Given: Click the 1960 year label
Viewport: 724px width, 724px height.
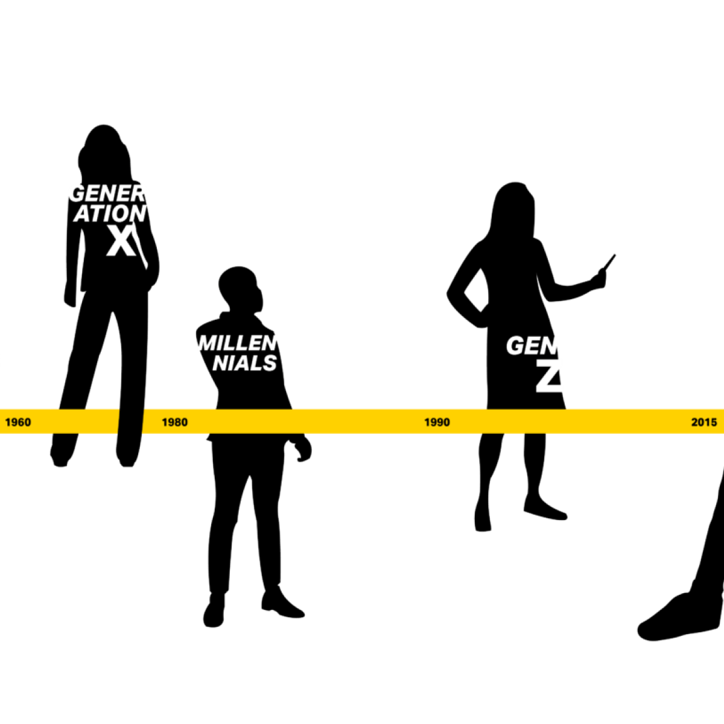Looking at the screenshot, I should point(18,422).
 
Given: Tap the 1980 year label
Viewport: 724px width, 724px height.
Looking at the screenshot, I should point(174,422).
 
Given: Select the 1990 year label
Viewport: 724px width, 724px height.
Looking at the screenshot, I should point(437,422).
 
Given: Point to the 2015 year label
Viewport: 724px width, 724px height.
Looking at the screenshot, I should point(703,422).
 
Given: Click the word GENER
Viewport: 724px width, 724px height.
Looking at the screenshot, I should point(107,194).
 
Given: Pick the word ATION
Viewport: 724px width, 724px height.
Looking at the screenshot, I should point(110,214).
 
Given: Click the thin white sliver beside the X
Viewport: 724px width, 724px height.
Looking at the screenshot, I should point(141,250).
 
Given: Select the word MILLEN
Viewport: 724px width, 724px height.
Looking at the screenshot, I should point(237,343).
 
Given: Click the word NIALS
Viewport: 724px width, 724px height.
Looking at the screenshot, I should point(245,363).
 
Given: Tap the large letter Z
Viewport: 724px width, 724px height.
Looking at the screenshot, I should point(550,376).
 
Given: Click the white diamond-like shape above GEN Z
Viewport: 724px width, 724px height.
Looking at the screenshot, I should point(477,291).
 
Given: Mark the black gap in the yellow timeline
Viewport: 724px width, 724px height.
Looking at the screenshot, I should point(131,421).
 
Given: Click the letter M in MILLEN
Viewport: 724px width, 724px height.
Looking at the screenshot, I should point(207,343).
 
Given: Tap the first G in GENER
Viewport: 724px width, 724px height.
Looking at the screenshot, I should point(77,194).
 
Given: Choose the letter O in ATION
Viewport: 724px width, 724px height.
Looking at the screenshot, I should point(119,214).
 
